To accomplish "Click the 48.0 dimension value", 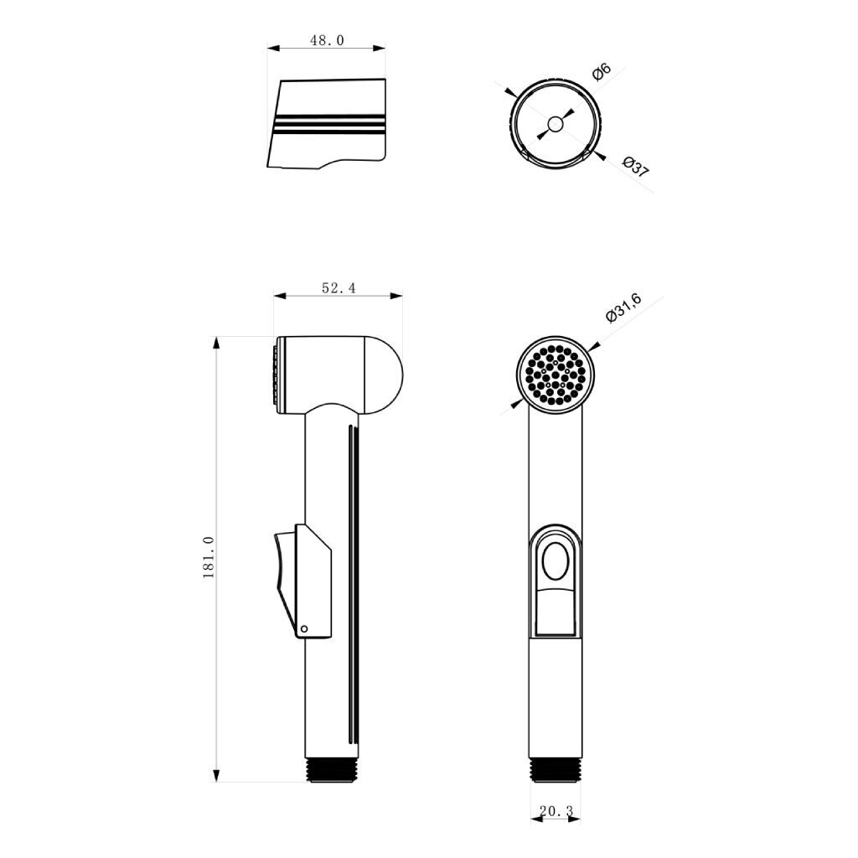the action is (x=327, y=40).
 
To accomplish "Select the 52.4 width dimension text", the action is (x=339, y=288).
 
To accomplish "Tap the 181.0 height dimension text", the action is (x=209, y=557).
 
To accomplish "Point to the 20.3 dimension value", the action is (x=556, y=810).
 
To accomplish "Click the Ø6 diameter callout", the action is (x=601, y=72).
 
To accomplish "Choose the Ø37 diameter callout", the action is (x=635, y=167).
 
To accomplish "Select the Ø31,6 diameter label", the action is (x=623, y=308).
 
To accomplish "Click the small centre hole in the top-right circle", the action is (x=555, y=125).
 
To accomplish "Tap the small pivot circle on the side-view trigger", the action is (x=305, y=628).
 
